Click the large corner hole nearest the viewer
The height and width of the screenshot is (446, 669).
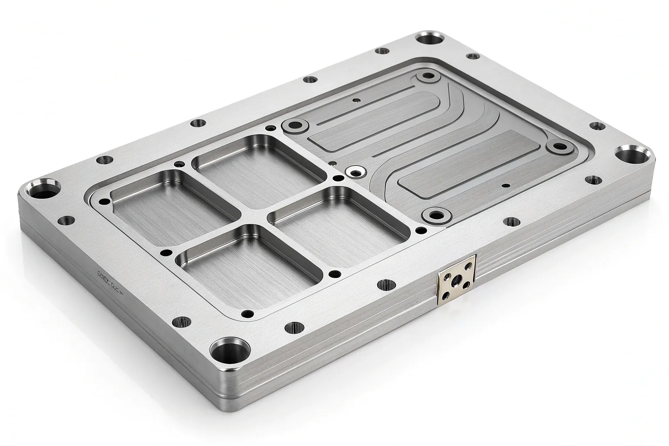(230, 349)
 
